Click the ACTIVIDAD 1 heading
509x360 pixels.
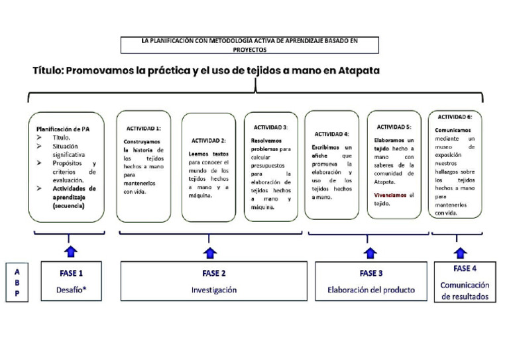(x=144, y=128)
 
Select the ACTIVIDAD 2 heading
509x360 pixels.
(x=208, y=140)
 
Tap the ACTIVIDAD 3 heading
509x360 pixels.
(x=270, y=127)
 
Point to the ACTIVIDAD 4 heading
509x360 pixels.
(x=331, y=133)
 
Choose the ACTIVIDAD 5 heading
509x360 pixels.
(x=394, y=127)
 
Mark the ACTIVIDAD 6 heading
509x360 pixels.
(x=455, y=116)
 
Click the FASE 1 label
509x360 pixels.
(x=72, y=272)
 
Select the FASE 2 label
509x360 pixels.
(x=214, y=272)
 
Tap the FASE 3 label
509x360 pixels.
(x=371, y=272)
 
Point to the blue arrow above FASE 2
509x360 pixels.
(x=210, y=252)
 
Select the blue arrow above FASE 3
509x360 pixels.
(x=370, y=252)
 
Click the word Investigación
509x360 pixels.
(x=214, y=290)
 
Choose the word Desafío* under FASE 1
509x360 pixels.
(x=72, y=290)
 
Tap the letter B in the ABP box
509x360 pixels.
(x=17, y=283)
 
